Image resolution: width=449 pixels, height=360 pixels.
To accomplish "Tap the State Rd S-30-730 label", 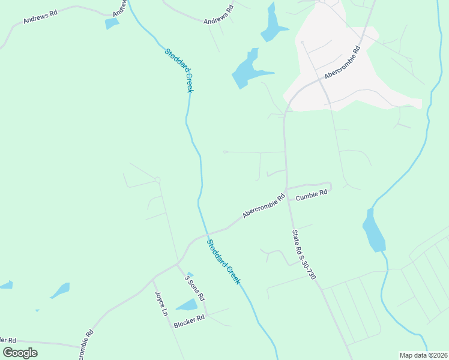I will point(303,255).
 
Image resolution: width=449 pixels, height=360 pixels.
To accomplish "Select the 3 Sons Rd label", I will point(194,289).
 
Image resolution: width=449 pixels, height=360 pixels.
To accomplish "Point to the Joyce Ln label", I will point(161,304).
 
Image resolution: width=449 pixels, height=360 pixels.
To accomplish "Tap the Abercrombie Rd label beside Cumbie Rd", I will point(264,205).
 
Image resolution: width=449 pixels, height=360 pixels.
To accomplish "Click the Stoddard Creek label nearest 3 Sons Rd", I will point(224,262).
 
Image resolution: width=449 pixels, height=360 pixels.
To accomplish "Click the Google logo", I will point(20,352).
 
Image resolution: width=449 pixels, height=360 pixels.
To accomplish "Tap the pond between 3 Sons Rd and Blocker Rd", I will point(187,305).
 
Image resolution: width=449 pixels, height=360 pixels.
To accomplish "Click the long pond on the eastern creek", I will point(373,230).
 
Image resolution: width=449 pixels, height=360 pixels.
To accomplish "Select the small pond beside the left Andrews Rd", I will point(112,23).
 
